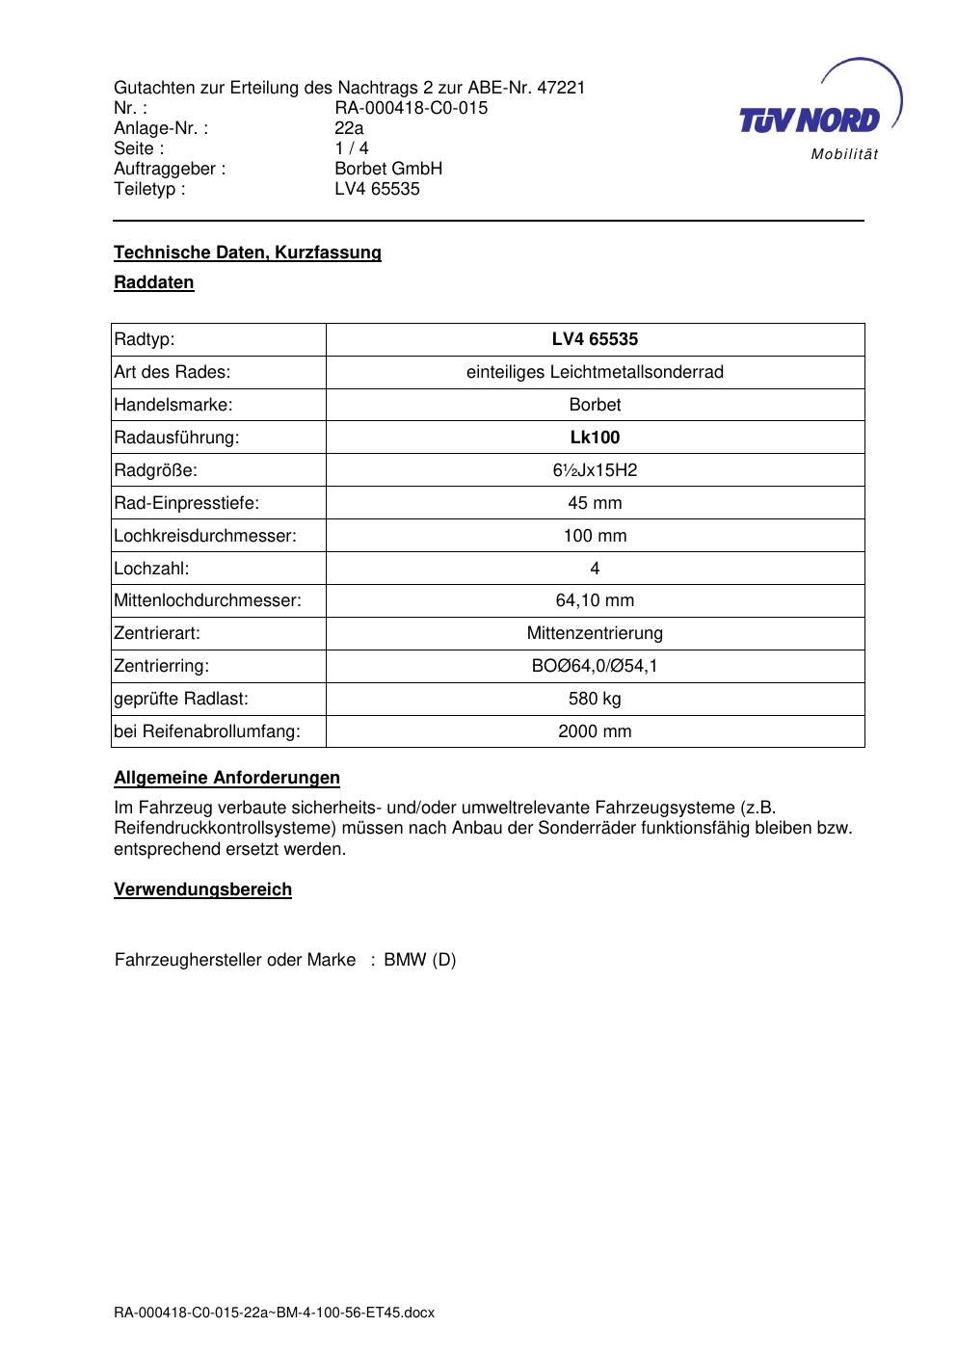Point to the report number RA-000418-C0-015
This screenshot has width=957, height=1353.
coord(411,108)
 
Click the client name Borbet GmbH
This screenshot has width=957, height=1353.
coord(388,169)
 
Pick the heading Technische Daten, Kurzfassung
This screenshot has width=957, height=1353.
coord(248,252)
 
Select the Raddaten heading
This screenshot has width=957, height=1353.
coord(154,282)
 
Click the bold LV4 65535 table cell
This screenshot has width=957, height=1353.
coord(595,339)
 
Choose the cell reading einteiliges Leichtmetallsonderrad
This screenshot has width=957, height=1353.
coord(595,372)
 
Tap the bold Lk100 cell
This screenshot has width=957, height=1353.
coord(595,438)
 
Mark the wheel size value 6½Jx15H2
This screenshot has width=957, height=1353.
coord(595,470)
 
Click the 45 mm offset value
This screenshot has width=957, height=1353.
coord(595,503)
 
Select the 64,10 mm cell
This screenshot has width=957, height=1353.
coord(595,600)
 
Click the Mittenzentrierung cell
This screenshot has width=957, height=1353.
coord(595,633)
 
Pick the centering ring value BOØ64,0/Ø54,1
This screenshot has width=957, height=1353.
coord(595,666)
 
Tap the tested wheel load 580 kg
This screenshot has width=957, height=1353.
coord(595,699)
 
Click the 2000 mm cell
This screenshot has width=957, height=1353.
coord(595,731)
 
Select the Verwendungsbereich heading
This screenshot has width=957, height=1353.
coord(202,889)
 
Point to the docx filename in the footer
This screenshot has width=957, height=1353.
coord(275,1313)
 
